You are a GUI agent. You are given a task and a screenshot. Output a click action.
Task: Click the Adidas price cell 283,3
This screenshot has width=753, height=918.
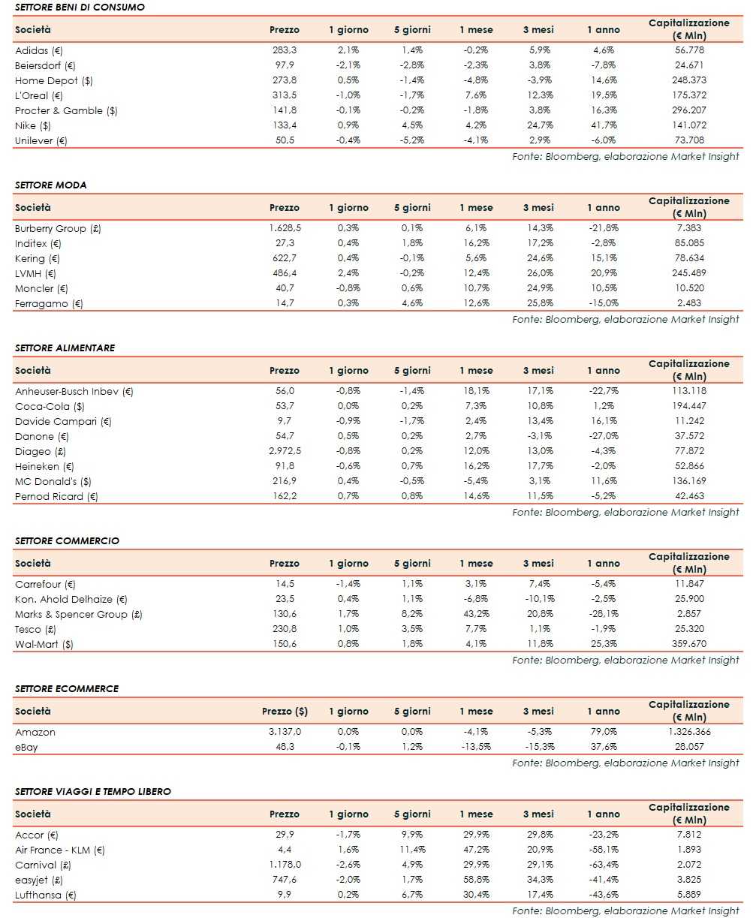pyautogui.click(x=284, y=50)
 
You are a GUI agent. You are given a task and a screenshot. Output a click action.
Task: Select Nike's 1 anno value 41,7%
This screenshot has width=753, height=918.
pyautogui.click(x=604, y=125)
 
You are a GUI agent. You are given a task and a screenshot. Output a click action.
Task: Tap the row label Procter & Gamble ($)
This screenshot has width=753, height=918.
pyautogui.click(x=66, y=110)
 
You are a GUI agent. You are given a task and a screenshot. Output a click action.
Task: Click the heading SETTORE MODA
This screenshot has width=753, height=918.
pyautogui.click(x=50, y=185)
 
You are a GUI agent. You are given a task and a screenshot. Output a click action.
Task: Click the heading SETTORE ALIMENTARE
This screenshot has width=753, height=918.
pyautogui.click(x=65, y=348)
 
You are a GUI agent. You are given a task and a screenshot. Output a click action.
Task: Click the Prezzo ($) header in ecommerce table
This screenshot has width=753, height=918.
pyautogui.click(x=285, y=711)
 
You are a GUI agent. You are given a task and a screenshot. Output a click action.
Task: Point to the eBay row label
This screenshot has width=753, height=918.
pyautogui.click(x=26, y=747)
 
